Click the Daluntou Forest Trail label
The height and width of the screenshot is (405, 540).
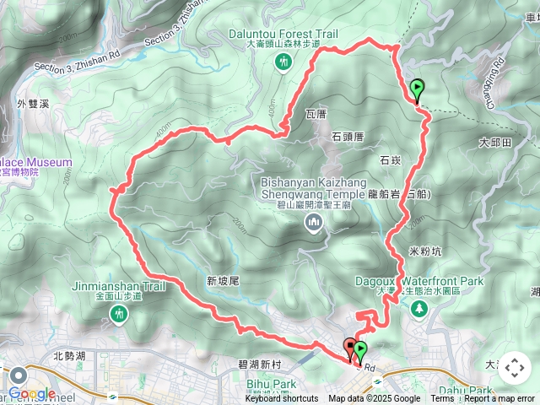[x=283, y=34]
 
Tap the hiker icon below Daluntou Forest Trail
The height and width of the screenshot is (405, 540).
[x=283, y=62]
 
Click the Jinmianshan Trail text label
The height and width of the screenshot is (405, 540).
[x=117, y=286]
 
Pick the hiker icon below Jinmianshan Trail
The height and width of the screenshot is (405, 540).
[x=117, y=316]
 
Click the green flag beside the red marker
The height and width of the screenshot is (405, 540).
[x=362, y=350]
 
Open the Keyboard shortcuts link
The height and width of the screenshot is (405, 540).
[x=282, y=399]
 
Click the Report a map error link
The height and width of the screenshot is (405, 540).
[x=499, y=399]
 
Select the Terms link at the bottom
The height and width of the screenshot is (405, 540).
[x=442, y=399]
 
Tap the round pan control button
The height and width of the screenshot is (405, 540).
[x=514, y=368]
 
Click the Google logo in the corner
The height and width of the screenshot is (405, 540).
[x=32, y=393]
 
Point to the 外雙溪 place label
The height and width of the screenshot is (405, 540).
[x=35, y=104]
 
